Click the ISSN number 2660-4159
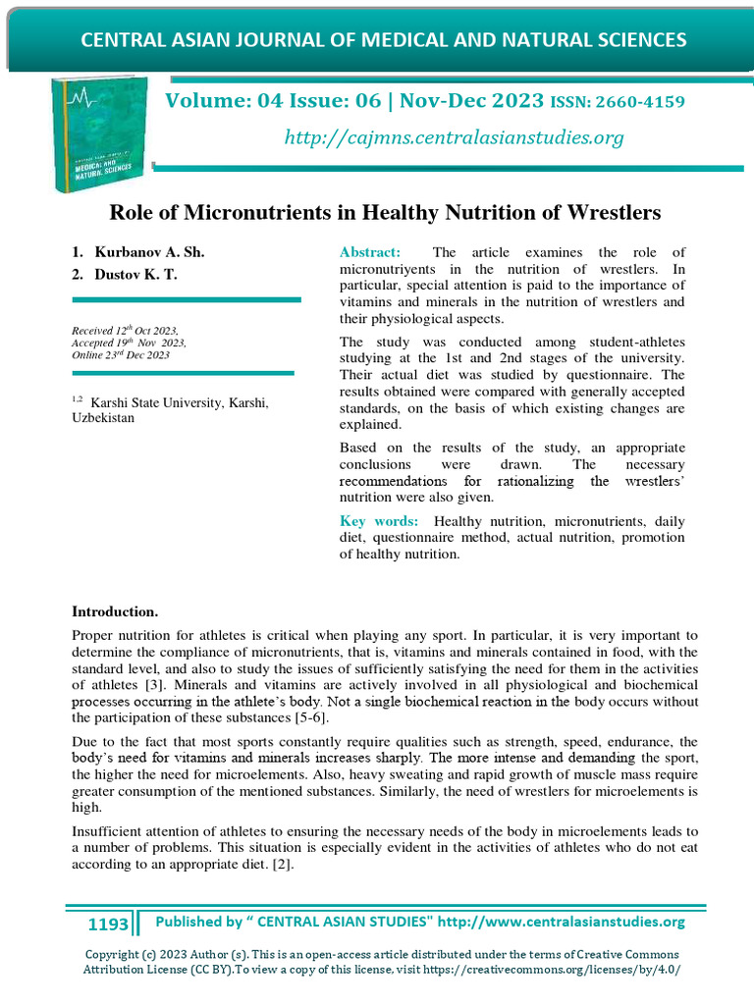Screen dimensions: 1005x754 click(639, 102)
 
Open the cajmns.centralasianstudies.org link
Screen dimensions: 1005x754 click(454, 138)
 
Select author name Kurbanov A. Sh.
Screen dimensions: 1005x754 click(150, 252)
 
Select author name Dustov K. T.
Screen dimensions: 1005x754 click(136, 275)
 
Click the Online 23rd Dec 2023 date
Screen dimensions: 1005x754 click(121, 355)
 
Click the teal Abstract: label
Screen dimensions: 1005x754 click(370, 252)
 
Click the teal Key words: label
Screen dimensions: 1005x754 click(379, 521)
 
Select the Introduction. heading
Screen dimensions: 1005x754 click(115, 612)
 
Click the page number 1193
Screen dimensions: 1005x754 click(108, 925)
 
